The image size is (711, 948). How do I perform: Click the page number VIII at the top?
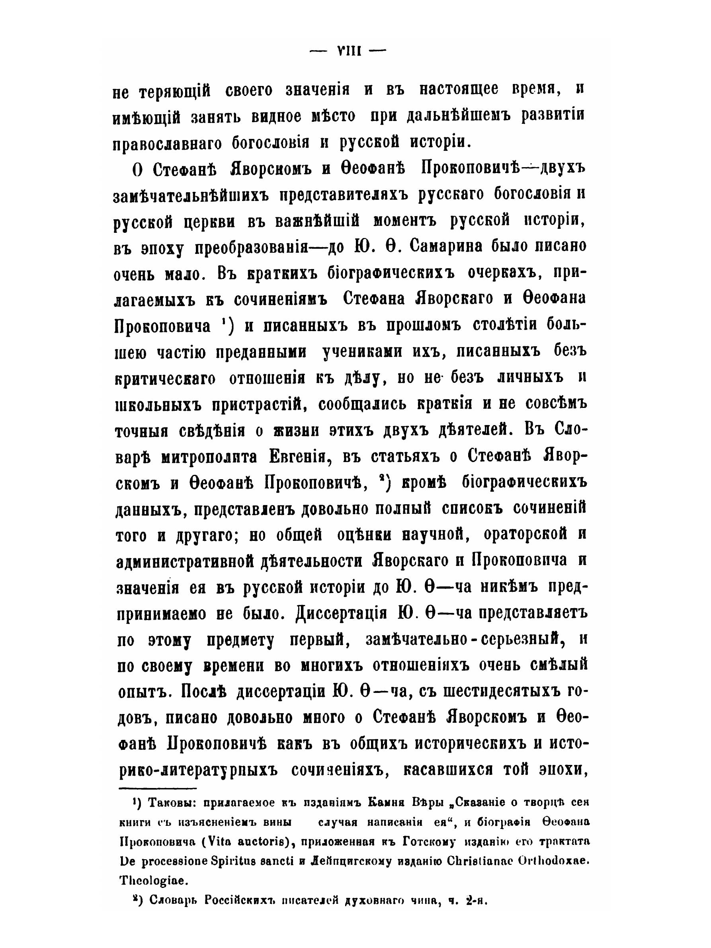pos(348,51)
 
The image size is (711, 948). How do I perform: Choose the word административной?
pos(185,561)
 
